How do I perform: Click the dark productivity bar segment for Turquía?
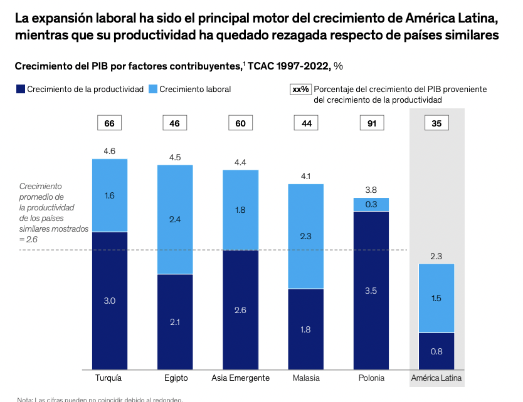[x=110, y=301]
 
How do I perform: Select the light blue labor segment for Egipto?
[x=175, y=220]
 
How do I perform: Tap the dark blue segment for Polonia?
[x=371, y=291]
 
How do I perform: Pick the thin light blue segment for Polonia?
[x=371, y=204]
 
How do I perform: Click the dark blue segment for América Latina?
[x=436, y=351]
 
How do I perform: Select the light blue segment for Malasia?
[x=306, y=236]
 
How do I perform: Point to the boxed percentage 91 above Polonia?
[x=371, y=123]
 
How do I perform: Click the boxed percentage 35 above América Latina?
[x=436, y=123]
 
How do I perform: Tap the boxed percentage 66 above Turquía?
[x=110, y=123]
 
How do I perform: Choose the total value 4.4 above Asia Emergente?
[x=240, y=162]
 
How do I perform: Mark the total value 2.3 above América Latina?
[x=436, y=256]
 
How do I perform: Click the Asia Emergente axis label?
[x=240, y=378]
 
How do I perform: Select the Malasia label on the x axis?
[x=306, y=378]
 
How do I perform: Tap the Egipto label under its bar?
[x=175, y=378]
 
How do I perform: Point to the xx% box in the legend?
[x=300, y=89]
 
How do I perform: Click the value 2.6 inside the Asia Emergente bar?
[x=240, y=311]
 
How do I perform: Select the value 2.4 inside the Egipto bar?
[x=175, y=220]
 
